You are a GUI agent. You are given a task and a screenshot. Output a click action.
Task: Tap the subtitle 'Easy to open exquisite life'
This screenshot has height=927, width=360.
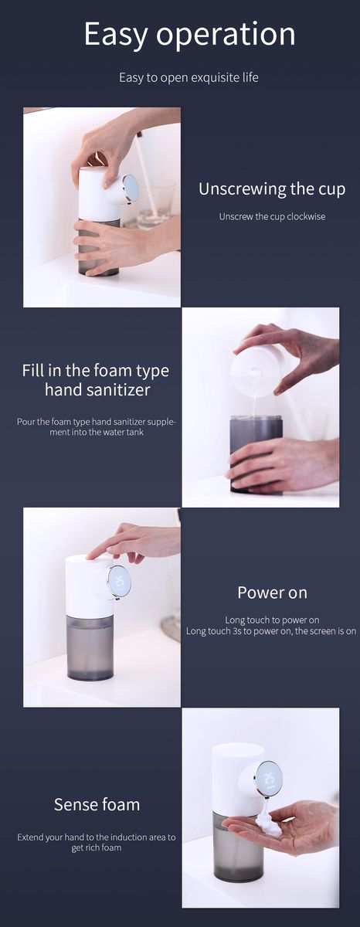(188, 77)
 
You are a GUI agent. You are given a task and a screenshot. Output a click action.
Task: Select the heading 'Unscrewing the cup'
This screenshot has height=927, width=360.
(272, 188)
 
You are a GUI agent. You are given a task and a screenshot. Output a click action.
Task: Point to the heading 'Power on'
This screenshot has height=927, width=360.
(272, 593)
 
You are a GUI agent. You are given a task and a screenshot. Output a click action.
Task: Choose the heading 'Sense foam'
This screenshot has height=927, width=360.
(97, 804)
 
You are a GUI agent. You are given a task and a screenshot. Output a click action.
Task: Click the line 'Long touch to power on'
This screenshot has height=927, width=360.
(272, 620)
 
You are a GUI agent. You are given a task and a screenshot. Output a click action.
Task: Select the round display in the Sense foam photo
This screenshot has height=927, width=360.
(269, 779)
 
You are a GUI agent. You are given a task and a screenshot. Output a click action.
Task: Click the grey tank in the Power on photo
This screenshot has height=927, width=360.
(90, 647)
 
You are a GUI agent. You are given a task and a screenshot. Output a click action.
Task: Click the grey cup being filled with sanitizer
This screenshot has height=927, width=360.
(256, 454)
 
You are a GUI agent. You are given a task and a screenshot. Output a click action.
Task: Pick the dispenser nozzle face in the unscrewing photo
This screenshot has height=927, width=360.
(130, 188)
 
